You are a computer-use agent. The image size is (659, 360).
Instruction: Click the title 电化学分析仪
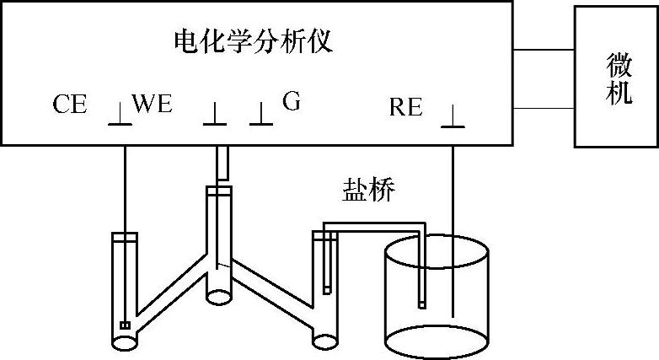[x=252, y=40]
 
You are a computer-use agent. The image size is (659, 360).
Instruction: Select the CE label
[x=70, y=105]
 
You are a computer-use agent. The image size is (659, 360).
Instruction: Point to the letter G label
[x=291, y=102]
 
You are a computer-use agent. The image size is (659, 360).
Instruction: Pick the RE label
[x=409, y=107]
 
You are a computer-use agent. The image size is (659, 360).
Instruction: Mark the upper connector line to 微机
[x=544, y=50]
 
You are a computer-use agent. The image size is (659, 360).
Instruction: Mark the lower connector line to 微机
[x=544, y=107]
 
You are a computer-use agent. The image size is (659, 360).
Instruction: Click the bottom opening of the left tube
[x=126, y=342]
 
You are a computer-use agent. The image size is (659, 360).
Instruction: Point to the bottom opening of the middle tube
[x=217, y=296]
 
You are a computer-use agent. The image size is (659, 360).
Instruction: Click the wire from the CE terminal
[x=124, y=185]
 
